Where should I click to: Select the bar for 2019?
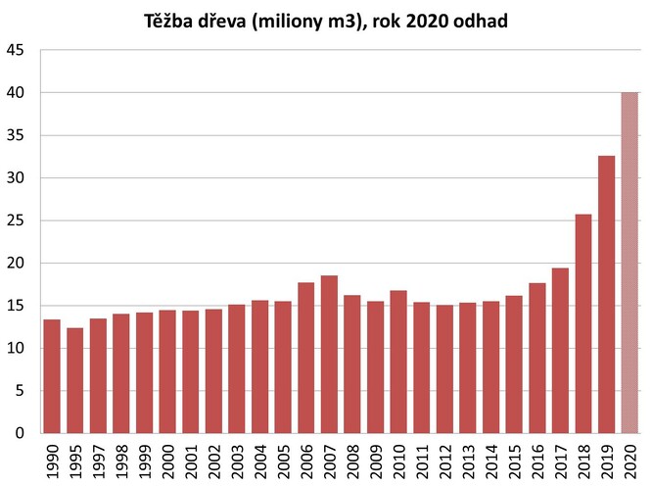coord(606,294)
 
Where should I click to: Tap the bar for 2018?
coord(583,323)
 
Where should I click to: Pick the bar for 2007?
coord(329,354)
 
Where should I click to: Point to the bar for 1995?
coord(75,380)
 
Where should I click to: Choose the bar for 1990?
coord(52,376)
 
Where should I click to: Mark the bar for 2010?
coord(398,362)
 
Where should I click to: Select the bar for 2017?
coord(560,350)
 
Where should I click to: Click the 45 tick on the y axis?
coord(18,50)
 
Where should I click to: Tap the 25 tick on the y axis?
coord(18,220)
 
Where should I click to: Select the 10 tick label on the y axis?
coord(18,348)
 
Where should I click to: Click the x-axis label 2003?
coord(237,460)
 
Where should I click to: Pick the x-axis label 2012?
coord(444,460)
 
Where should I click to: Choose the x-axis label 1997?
coord(99,460)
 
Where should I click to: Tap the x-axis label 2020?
coord(629,460)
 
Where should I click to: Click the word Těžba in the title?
coord(173,20)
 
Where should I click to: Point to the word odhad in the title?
coord(481,20)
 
